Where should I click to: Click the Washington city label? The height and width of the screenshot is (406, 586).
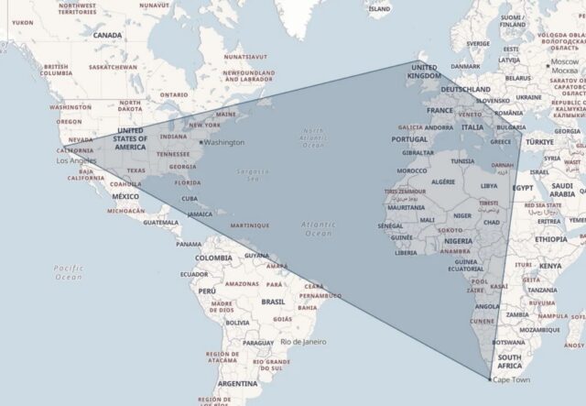224,142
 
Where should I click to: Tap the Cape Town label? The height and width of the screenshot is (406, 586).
511,379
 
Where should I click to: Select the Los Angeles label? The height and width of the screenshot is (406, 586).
76,160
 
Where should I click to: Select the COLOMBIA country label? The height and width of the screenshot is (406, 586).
213,258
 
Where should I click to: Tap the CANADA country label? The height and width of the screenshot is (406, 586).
107,35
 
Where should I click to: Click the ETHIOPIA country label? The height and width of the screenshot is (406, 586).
550,238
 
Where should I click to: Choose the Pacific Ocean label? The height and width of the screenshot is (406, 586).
68,271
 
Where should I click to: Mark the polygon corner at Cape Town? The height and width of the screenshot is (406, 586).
488,378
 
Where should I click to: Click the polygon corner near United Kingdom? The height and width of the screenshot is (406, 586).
420,61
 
